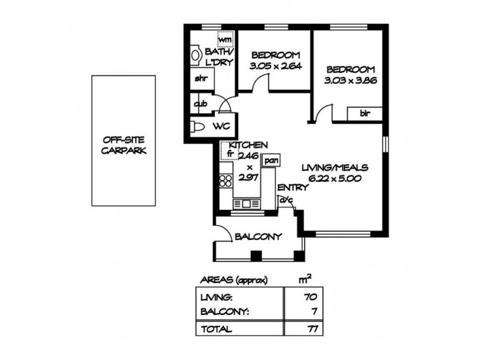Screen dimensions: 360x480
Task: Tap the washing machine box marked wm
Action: coord(225,39)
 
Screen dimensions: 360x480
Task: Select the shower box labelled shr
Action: coord(200,79)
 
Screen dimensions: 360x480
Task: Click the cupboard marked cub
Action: coord(200,104)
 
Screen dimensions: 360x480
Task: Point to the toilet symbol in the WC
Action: coord(197,127)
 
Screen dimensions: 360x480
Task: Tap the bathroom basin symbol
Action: coord(195,55)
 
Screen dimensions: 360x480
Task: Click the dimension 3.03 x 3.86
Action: coord(350,80)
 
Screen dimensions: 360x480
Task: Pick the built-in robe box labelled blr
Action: coord(364,113)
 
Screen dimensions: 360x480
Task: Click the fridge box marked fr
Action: coord(229,153)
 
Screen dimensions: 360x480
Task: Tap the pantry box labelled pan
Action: coord(271,161)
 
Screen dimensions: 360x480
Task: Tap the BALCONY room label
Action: coord(258,236)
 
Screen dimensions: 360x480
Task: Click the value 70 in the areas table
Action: coord(310,296)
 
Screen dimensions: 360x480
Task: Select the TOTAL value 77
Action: coord(310,329)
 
